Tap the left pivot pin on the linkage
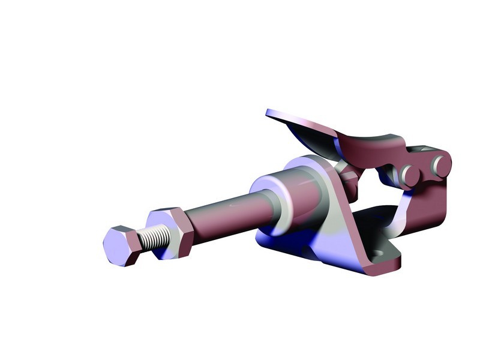click(x=410, y=173)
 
